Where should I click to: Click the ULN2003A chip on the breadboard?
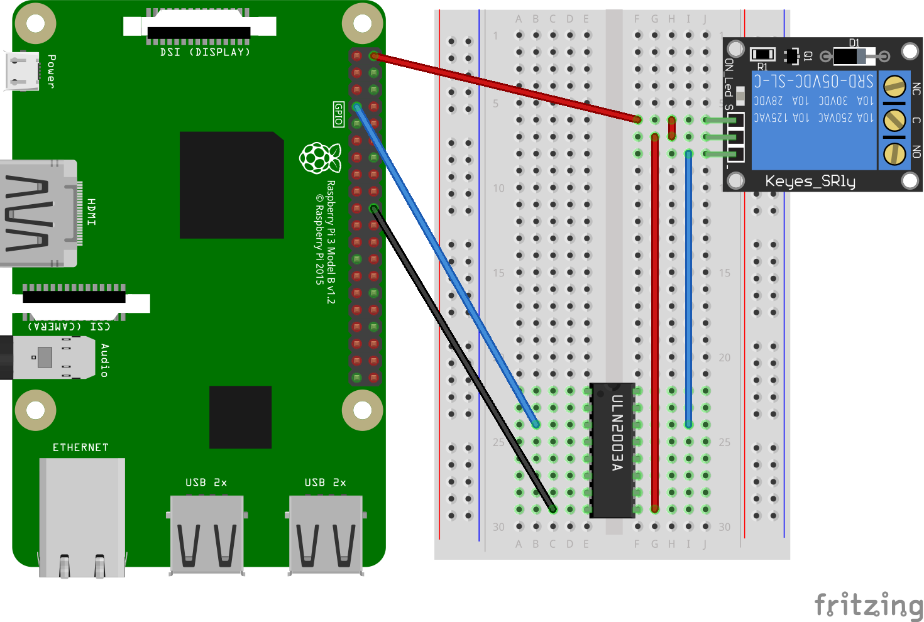[612, 450]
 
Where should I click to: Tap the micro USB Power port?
[22, 70]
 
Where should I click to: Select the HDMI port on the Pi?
[39, 214]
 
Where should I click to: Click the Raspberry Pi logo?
[320, 158]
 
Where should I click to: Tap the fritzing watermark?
[868, 605]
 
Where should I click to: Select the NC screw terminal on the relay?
[894, 87]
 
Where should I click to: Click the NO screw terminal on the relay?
[894, 153]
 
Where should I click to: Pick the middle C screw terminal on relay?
[894, 119]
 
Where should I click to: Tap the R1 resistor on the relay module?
[762, 55]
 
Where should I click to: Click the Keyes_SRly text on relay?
[810, 181]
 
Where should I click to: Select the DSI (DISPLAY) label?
[205, 52]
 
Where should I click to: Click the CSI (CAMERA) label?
[69, 326]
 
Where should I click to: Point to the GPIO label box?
[339, 114]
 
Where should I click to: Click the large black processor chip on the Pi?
[231, 185]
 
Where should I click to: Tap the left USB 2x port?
[207, 534]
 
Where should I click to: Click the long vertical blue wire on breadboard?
[689, 289]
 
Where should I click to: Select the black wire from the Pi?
[462, 358]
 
